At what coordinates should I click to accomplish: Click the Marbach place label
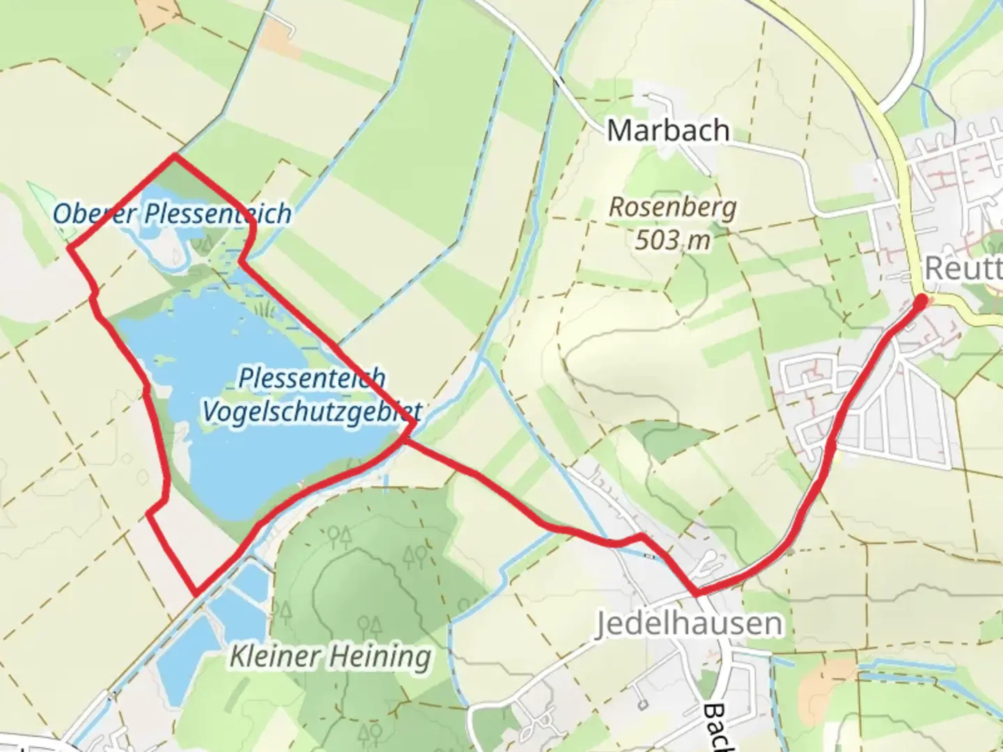[x=668, y=131]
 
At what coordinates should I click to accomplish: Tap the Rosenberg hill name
[x=672, y=207]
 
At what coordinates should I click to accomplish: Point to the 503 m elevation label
[x=672, y=240]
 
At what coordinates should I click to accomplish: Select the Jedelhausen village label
[x=688, y=623]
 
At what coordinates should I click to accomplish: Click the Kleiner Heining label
[x=330, y=656]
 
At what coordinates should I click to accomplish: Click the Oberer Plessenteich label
[x=172, y=214]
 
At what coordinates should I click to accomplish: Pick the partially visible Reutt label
[x=963, y=269]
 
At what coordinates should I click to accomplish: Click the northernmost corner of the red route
[x=174, y=156]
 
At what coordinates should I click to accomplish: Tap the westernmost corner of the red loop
[x=68, y=246]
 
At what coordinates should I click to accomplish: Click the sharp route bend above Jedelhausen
[x=696, y=594]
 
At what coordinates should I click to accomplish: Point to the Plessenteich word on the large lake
[x=311, y=378]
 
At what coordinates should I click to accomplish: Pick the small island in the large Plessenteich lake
[x=163, y=360]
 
